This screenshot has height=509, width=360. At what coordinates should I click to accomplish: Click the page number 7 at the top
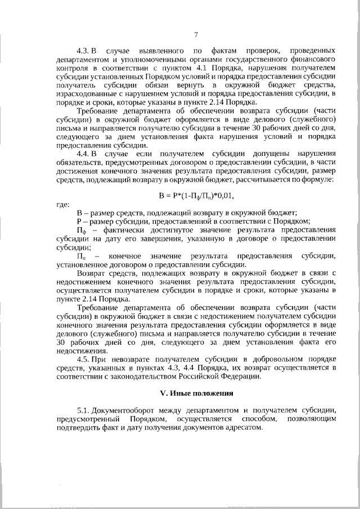(x=195, y=34)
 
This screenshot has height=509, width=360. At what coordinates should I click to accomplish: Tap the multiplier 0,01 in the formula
(x=224, y=195)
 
